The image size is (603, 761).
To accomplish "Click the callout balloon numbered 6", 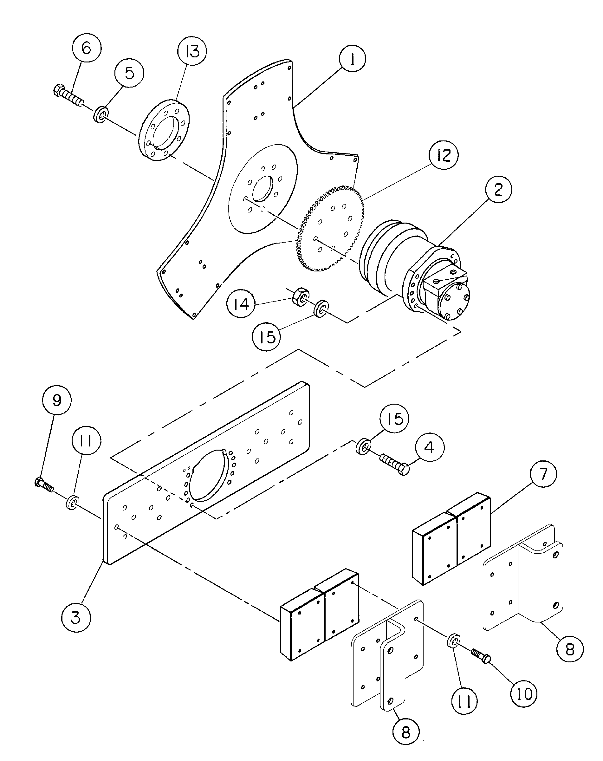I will (x=87, y=48).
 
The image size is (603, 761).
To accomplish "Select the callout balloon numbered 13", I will (x=192, y=51).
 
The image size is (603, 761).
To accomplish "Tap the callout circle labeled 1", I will (x=352, y=59).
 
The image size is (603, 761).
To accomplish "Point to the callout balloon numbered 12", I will (x=443, y=155).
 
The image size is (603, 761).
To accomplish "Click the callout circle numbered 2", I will (x=498, y=190).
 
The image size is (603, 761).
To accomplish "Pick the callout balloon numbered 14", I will (x=241, y=303).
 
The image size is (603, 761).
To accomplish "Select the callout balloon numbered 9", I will (x=56, y=400).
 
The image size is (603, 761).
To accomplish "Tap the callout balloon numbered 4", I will (x=429, y=447).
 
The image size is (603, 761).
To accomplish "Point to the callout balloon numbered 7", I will (x=542, y=474).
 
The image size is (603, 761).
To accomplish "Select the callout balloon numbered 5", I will (x=129, y=73).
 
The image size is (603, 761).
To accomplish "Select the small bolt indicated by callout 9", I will (x=44, y=484).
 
